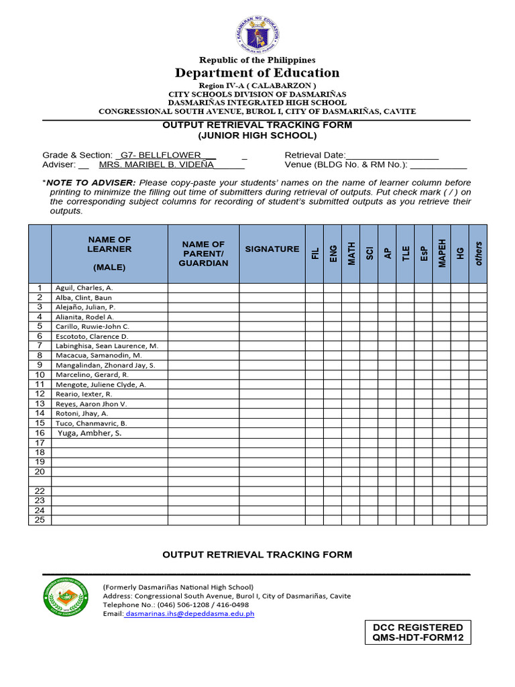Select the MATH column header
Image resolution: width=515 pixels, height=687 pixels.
coord(351,254)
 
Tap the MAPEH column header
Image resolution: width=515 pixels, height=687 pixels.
coord(441,254)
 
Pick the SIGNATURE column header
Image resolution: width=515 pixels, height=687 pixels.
coord(272,249)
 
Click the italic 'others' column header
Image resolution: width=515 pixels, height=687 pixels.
coord(478,254)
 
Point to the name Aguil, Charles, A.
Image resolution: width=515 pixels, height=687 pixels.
coord(84,288)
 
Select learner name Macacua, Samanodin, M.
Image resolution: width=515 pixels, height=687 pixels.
coord(98,355)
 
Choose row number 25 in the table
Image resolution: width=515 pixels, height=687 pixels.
coord(40,520)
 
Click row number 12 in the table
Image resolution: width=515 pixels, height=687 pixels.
coord(40,394)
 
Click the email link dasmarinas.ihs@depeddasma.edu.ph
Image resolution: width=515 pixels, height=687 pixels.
coord(190,613)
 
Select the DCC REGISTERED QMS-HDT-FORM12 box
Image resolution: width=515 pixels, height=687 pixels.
coord(418,632)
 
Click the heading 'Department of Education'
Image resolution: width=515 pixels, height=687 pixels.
coord(257,72)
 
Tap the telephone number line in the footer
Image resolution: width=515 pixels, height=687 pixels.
coord(176,604)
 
